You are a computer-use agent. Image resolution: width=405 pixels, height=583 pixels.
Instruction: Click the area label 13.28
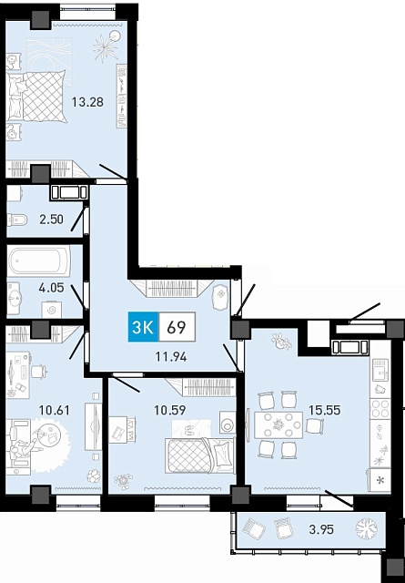coord(87,101)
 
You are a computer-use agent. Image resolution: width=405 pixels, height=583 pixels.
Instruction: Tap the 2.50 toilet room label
coord(51,219)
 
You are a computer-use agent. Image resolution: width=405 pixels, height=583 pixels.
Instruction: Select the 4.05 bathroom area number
coord(51,288)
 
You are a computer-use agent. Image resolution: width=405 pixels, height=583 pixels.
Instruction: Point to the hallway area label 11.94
coord(171,357)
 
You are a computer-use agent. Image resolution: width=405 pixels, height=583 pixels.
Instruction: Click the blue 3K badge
coord(144,327)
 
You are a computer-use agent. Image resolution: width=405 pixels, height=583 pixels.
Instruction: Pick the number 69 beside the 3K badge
coord(177,327)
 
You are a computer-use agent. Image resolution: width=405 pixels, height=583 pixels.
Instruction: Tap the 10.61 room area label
coord(55,411)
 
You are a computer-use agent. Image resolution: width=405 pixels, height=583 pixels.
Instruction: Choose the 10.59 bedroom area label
coord(170,410)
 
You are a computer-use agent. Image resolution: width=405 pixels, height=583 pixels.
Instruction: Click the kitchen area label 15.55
coord(324,410)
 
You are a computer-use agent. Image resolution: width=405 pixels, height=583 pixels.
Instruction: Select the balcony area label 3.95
coord(321,529)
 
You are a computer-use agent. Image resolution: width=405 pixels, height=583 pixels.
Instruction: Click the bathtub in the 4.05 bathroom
coord(38,261)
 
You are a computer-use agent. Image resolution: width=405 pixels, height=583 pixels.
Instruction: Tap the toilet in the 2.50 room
coord(17,220)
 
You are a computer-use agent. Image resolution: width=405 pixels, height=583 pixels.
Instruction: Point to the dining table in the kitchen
coord(278,425)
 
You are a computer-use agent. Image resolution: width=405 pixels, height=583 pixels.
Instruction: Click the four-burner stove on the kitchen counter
coord(380,408)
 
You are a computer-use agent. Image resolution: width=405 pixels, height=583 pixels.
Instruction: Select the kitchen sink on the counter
coord(380,368)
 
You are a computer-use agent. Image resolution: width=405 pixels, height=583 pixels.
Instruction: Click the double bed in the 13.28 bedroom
coord(36,97)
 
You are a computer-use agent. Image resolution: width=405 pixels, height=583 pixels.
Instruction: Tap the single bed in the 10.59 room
coord(200,455)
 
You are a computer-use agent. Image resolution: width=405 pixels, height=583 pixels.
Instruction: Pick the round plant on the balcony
coord(367,528)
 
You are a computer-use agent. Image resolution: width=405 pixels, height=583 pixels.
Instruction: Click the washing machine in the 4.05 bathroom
coord(52,310)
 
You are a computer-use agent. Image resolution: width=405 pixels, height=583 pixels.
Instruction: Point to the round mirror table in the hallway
coord(220,298)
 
